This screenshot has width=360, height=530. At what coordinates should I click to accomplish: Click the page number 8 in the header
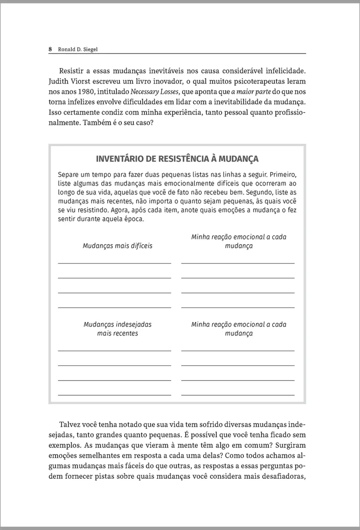(x=51, y=49)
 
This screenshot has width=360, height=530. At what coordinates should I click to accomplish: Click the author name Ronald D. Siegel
(x=78, y=49)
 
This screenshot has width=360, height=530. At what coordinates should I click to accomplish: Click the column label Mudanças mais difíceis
(x=117, y=246)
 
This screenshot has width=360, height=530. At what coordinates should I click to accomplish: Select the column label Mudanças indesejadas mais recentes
(x=117, y=329)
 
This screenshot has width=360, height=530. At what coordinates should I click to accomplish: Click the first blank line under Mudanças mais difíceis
(x=114, y=263)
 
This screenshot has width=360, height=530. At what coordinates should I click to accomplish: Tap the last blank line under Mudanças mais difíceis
(x=114, y=307)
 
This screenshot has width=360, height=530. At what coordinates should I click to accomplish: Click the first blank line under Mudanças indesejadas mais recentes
(x=114, y=350)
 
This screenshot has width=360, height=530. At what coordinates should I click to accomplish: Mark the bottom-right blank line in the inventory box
(x=238, y=394)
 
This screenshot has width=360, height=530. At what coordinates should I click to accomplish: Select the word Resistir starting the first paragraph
(x=71, y=71)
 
